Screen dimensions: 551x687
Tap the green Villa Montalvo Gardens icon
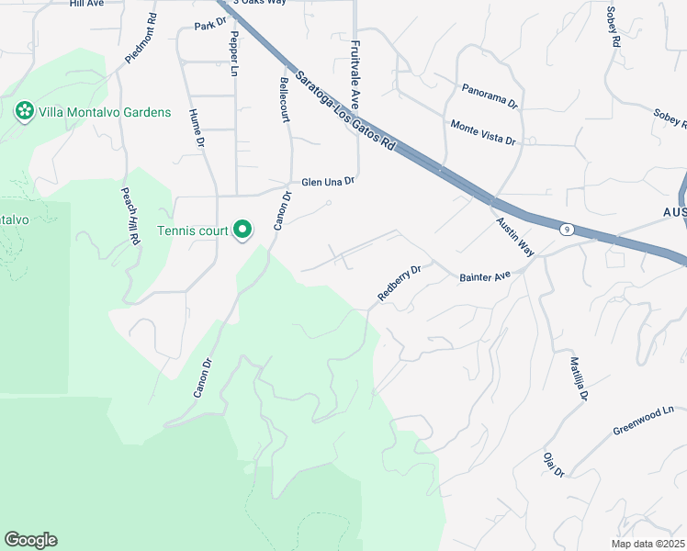(24, 112)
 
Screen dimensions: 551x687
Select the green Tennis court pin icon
(242, 229)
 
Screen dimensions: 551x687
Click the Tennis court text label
(191, 230)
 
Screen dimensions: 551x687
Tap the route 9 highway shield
(569, 230)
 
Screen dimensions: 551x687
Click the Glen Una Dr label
(328, 182)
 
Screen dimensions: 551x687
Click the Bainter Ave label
(484, 275)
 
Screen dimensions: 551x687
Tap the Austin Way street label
(514, 236)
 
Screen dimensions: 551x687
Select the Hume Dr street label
(195, 129)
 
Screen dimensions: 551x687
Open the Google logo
(30, 540)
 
